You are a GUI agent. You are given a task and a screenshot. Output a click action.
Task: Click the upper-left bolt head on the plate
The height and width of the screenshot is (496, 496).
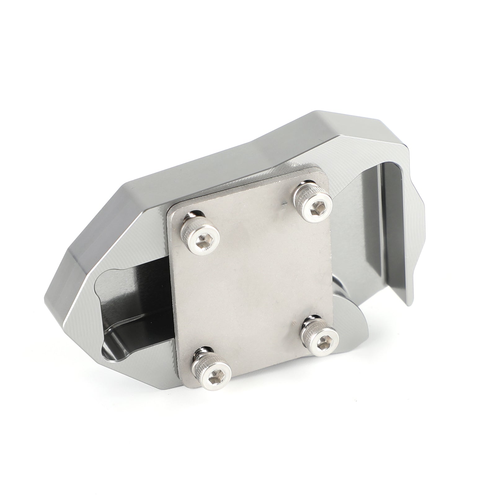201,238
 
